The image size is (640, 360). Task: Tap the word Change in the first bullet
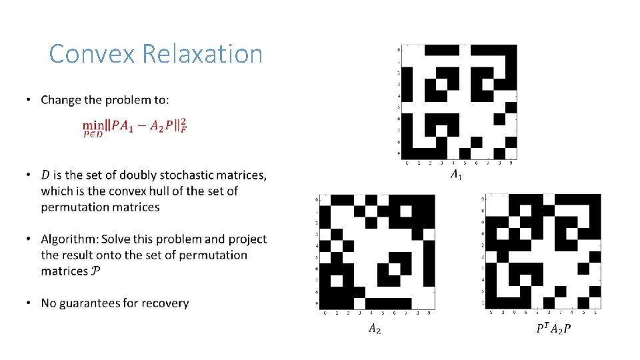(62, 100)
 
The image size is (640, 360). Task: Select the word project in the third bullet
(247, 239)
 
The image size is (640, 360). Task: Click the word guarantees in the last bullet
(96, 303)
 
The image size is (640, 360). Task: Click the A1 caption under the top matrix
(455, 175)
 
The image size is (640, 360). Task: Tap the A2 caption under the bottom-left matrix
(375, 328)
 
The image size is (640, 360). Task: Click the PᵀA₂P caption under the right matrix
(553, 328)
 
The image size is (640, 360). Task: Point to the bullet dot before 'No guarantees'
(28, 303)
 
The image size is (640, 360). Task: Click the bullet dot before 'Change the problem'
(28, 100)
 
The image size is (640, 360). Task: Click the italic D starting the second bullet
(45, 175)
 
